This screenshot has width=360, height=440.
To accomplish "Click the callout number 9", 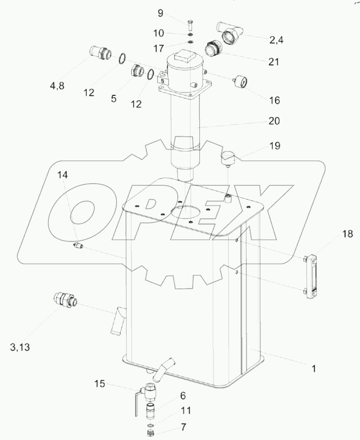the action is [160, 13].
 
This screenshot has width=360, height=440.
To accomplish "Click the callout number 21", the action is [273, 62].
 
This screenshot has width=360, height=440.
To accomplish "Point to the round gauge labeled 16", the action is [241, 81].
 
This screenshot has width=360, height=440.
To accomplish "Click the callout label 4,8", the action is [57, 86].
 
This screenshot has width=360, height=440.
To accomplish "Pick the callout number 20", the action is [274, 121].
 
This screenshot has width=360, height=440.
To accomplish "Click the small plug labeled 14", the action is [78, 246].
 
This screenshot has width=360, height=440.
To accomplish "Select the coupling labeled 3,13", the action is [65, 300].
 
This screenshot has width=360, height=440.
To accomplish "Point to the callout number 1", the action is [314, 368].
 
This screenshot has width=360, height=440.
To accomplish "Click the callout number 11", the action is [186, 411].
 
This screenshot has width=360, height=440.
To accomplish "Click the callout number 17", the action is [158, 48].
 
